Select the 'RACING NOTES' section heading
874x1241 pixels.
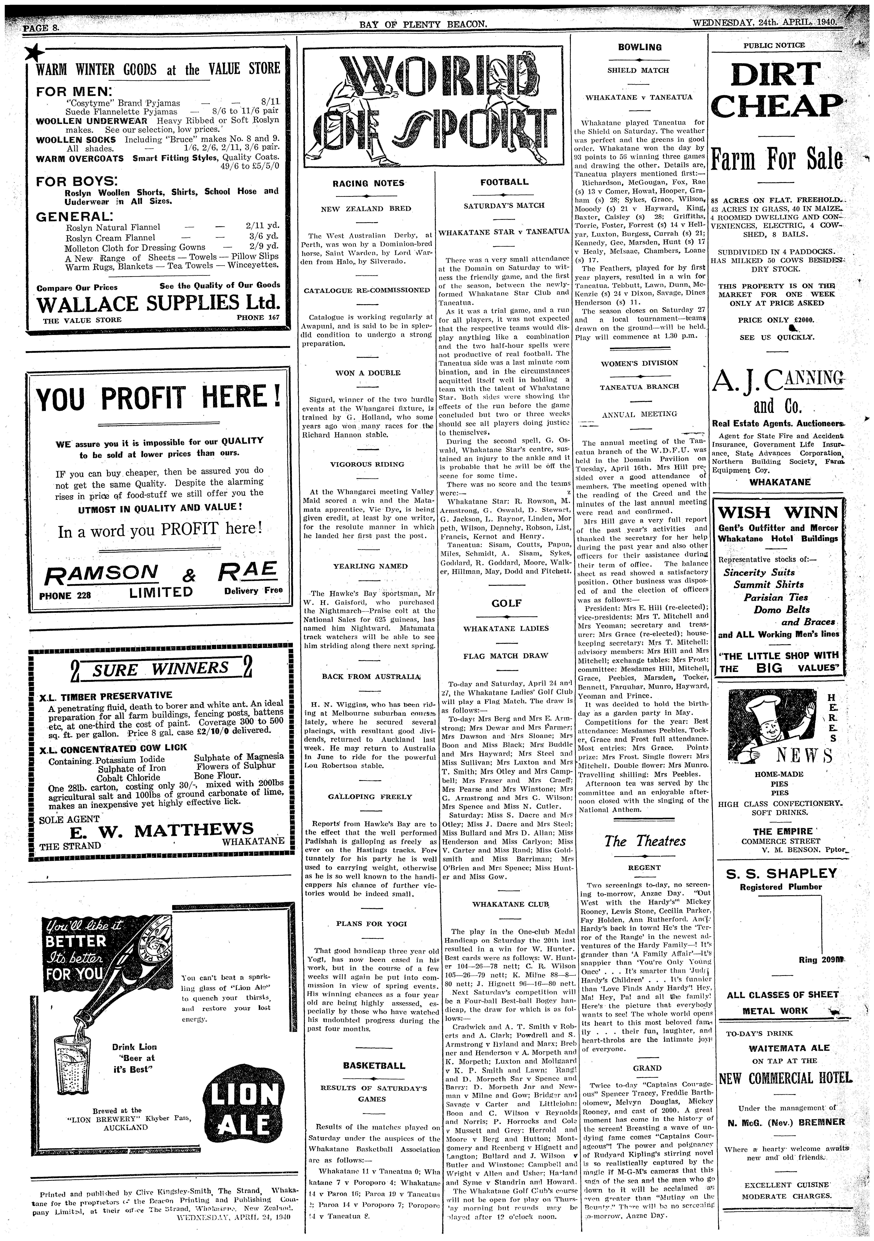click(x=368, y=183)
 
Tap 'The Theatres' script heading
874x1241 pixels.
click(x=644, y=840)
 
